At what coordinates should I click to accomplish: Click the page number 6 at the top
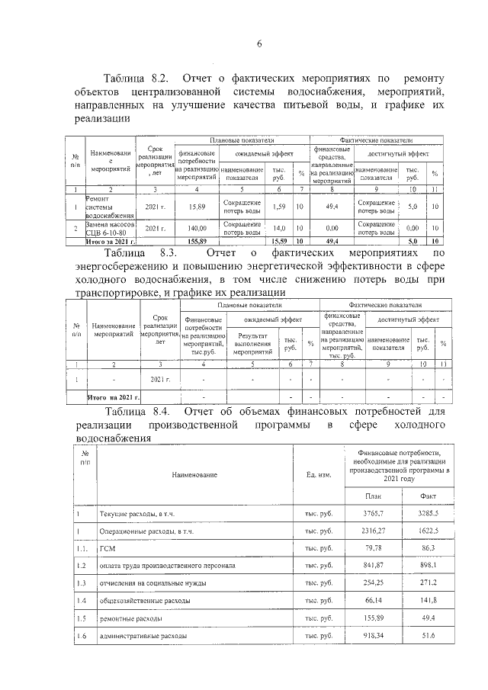click(x=258, y=43)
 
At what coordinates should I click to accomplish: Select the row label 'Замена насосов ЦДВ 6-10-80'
click(x=111, y=228)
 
